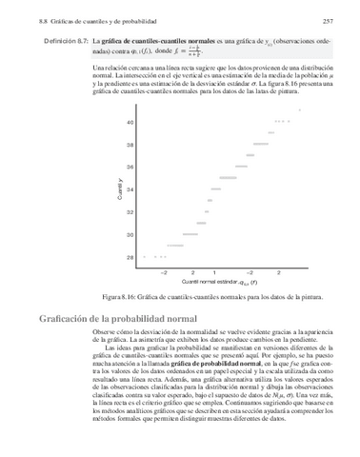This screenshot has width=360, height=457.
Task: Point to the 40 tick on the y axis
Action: click(x=130, y=124)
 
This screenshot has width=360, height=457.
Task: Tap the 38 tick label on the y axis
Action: click(x=130, y=146)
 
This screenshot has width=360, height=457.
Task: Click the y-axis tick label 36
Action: click(x=130, y=168)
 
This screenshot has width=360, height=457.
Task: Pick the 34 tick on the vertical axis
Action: click(x=130, y=189)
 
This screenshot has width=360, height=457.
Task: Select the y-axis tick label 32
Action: click(x=130, y=212)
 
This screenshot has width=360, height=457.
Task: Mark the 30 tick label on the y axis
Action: click(x=130, y=234)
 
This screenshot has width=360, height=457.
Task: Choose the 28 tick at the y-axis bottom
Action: click(x=130, y=257)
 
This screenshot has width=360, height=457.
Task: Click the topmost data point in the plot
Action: click(x=299, y=110)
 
